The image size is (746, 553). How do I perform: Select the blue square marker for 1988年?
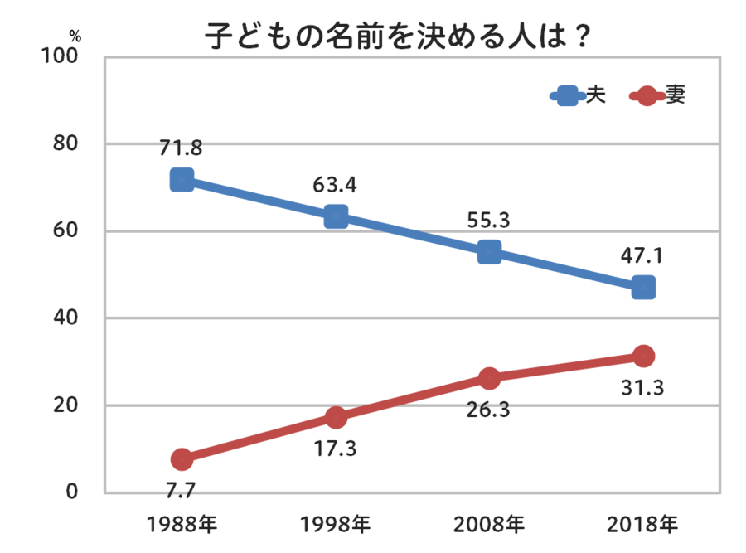click(182, 180)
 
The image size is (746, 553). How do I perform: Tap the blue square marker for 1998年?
click(336, 216)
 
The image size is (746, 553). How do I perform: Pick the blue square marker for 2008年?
click(490, 252)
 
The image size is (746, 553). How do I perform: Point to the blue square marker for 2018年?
click(643, 288)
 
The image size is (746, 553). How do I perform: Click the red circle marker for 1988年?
click(182, 459)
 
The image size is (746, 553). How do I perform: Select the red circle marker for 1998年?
click(336, 417)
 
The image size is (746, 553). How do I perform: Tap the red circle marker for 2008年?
click(490, 378)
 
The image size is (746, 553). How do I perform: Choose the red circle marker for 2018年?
click(643, 357)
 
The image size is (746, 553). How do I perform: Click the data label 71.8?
click(182, 148)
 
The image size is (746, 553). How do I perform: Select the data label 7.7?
click(180, 491)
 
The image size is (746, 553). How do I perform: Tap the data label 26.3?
click(489, 410)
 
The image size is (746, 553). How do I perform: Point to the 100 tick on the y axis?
click(61, 57)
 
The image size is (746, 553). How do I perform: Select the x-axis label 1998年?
click(336, 524)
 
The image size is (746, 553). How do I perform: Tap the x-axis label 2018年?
click(643, 524)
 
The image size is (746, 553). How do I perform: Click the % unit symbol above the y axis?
click(75, 36)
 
